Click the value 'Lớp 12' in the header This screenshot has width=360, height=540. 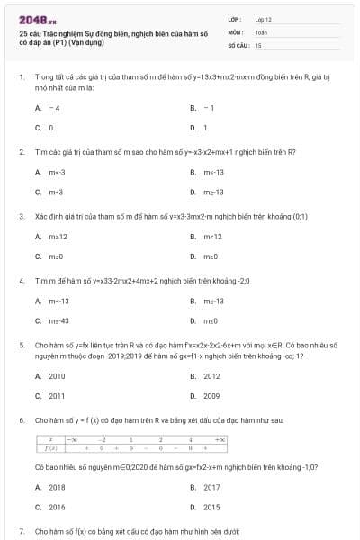(264, 18)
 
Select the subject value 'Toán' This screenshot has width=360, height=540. (261, 31)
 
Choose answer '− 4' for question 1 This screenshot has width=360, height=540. (54, 108)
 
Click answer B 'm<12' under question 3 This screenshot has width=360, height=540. (212, 237)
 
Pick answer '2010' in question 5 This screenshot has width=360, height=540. (57, 376)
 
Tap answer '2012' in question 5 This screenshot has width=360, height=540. (211, 376)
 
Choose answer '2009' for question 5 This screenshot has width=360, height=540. (211, 396)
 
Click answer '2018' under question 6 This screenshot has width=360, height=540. (57, 487)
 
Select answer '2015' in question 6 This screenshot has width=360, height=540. (211, 507)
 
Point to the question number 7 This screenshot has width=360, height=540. (21, 532)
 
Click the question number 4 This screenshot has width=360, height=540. (21, 280)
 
